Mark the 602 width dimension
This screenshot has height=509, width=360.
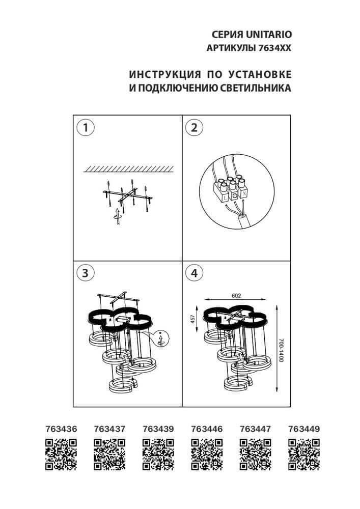click(236, 296)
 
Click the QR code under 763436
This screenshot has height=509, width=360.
click(61, 454)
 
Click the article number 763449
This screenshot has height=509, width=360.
click(303, 429)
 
